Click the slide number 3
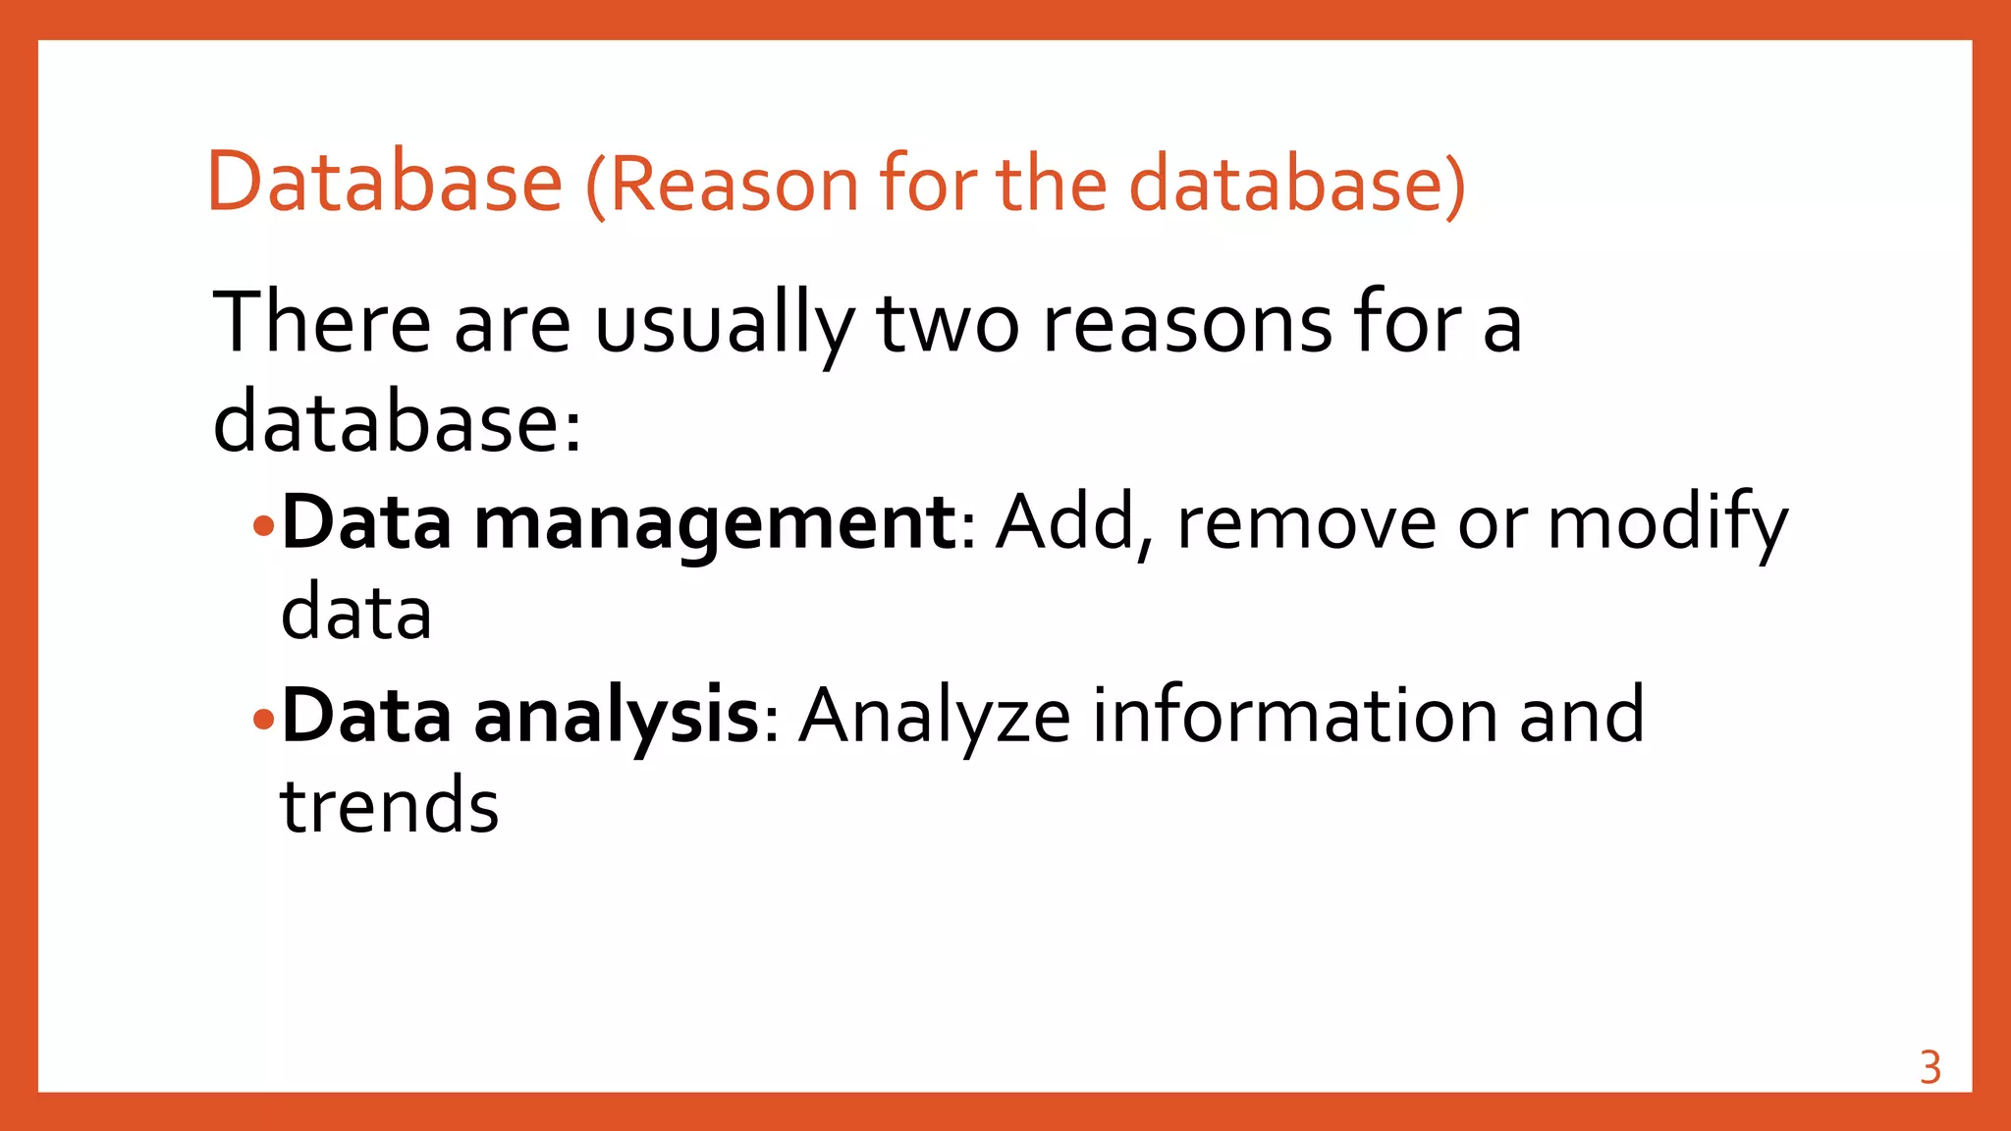[x=1929, y=1068]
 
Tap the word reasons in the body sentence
[x=1186, y=324]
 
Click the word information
[x=1295, y=715]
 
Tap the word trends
[x=390, y=806]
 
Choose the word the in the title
[x=1053, y=184]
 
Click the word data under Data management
[x=356, y=614]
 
